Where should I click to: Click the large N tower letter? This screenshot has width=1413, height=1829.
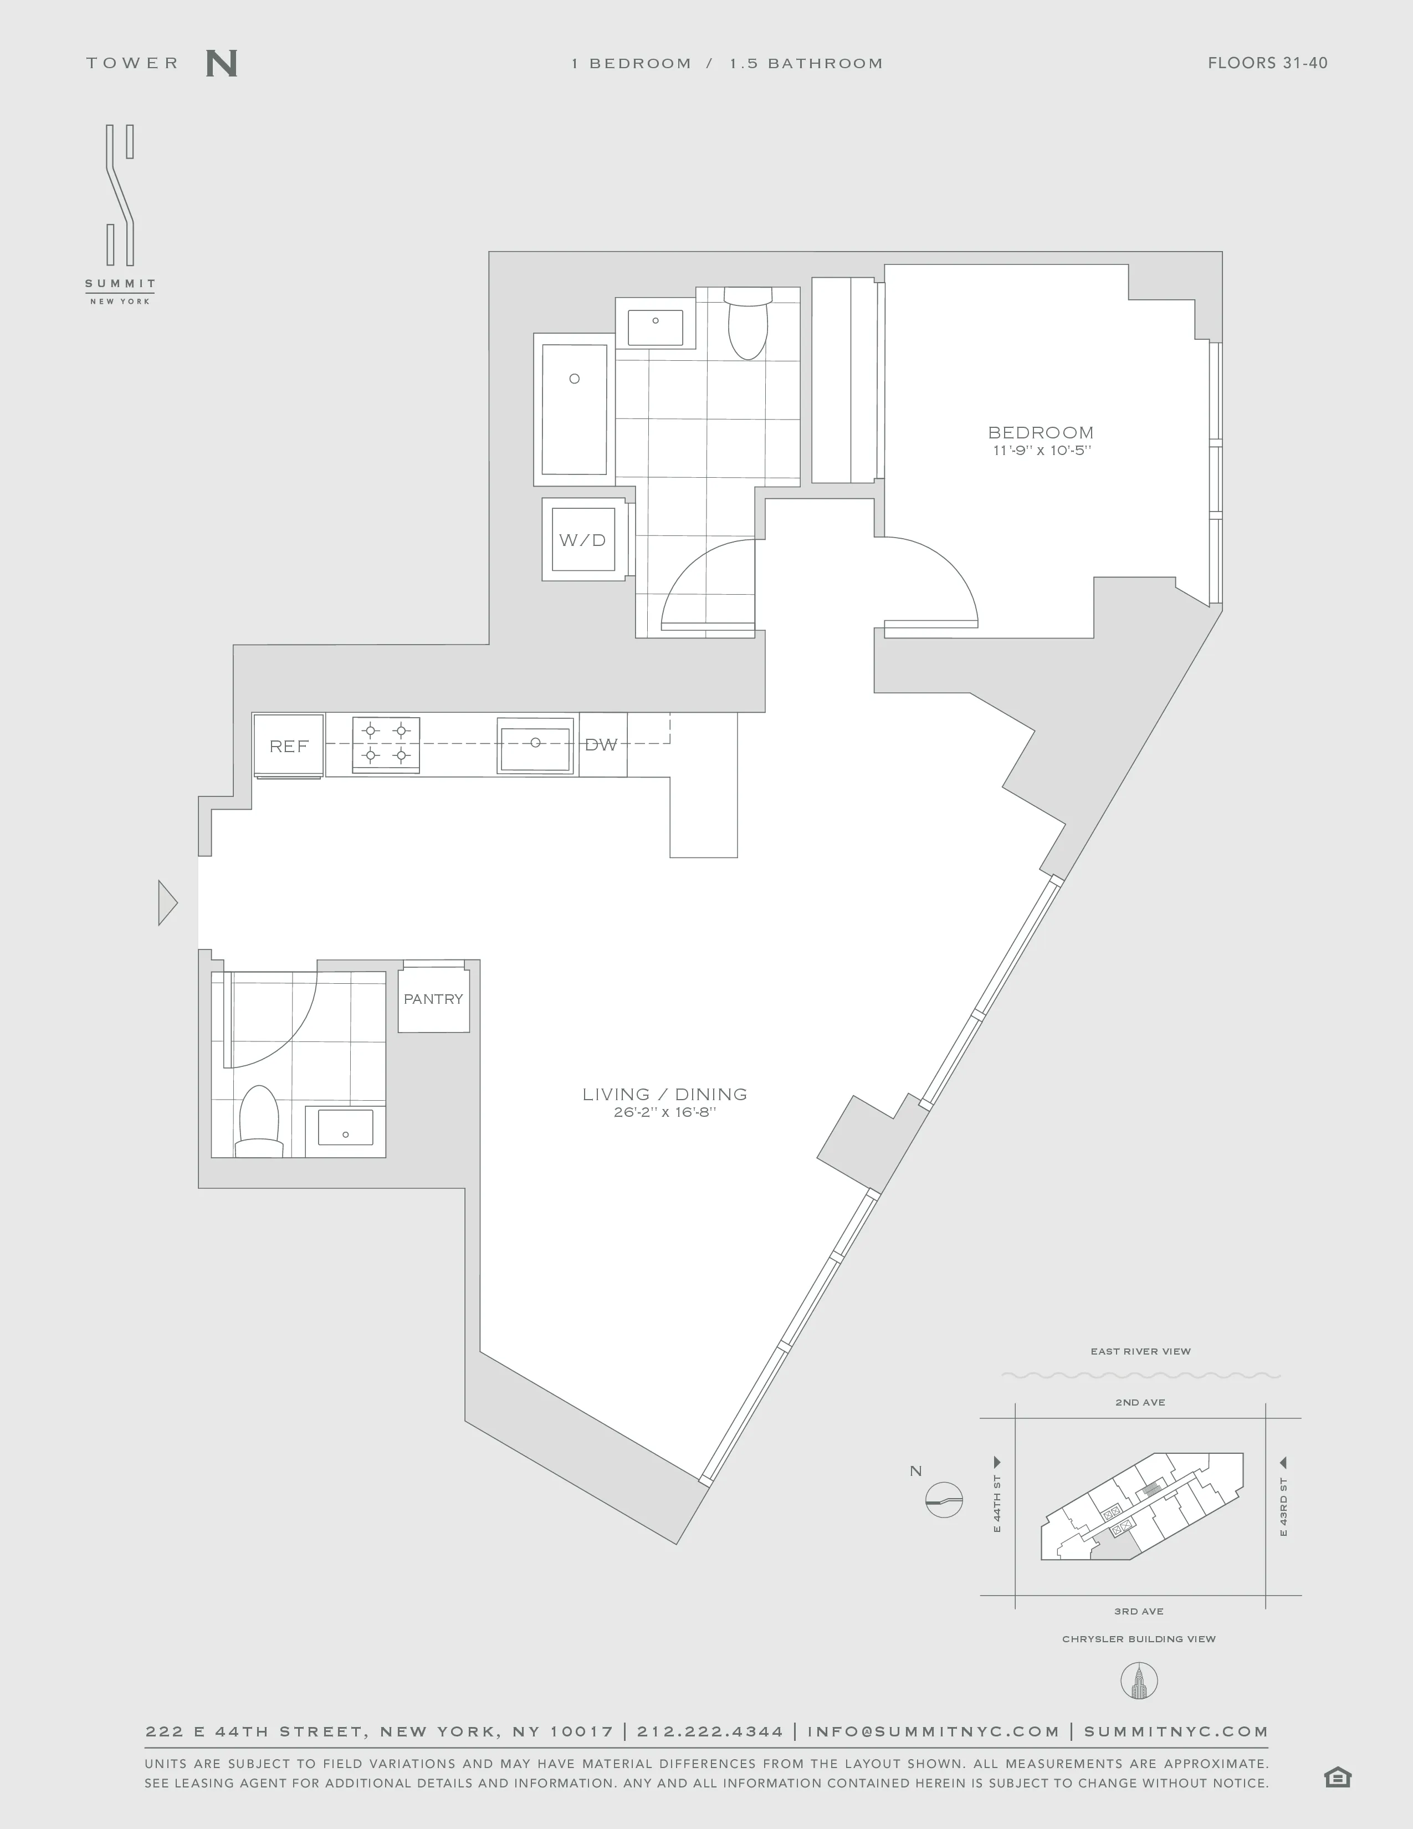[221, 64]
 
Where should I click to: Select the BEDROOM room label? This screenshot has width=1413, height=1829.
[1041, 432]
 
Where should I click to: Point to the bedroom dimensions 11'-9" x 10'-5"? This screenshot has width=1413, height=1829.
[1041, 451]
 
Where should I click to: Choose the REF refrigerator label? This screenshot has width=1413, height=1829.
[289, 745]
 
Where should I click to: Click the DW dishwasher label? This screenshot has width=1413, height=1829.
[601, 744]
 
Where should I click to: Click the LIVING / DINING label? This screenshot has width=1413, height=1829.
[664, 1094]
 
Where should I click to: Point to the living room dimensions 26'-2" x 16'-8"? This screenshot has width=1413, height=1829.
[664, 1112]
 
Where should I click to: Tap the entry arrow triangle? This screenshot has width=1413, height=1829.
[167, 903]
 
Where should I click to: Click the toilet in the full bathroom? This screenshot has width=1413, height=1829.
[748, 325]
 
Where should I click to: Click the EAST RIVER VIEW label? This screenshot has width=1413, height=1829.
[1140, 1351]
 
